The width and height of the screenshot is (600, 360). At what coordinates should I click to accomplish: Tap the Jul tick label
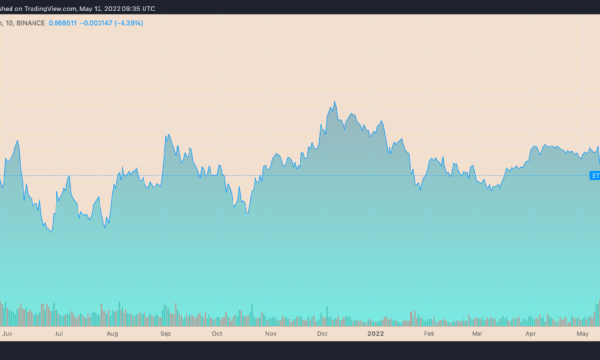tap(59, 335)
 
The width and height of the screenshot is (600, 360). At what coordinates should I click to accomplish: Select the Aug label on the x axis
tap(112, 335)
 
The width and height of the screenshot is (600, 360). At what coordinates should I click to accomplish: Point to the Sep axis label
tap(165, 335)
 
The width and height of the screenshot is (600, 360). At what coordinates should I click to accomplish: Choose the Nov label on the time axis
tap(270, 335)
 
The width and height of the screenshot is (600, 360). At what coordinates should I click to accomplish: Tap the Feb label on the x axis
tap(429, 335)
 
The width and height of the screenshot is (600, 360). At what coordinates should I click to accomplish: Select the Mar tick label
tap(478, 335)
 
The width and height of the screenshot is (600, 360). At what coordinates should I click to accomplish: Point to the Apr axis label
tap(530, 335)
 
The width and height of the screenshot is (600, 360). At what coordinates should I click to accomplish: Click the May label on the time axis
tap(581, 335)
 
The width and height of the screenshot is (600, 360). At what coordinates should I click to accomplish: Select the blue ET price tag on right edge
tap(594, 176)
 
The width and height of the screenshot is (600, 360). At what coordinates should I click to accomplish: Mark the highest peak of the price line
tap(333, 101)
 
